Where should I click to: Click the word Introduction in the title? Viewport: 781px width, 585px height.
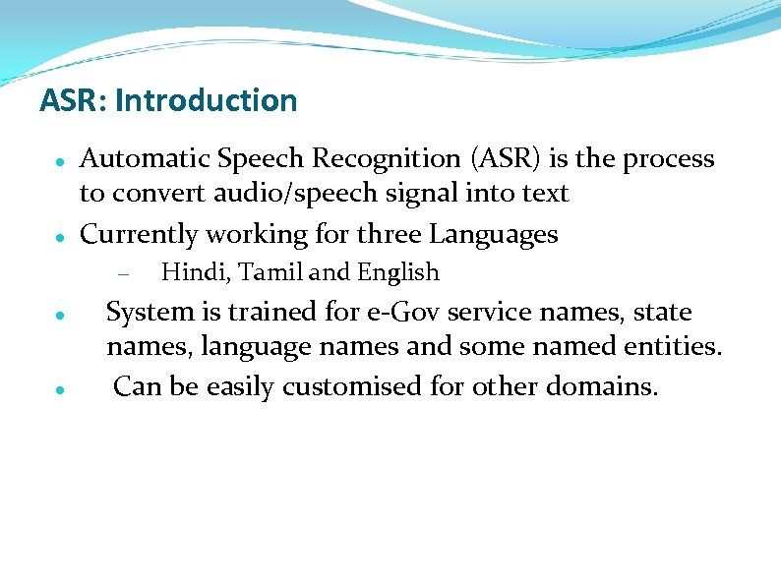[x=205, y=100]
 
